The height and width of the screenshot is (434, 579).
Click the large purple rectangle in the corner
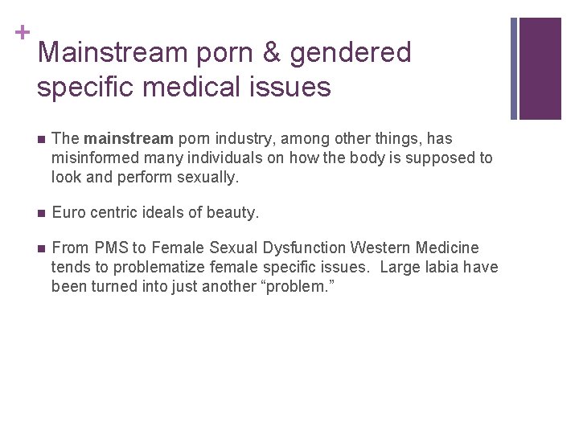click(540, 68)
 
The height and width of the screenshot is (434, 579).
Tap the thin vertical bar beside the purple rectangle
click(515, 68)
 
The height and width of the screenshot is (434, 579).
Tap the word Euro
click(68, 213)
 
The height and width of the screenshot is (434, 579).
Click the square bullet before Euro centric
click(41, 213)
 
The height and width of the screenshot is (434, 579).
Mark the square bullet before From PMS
click(41, 248)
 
